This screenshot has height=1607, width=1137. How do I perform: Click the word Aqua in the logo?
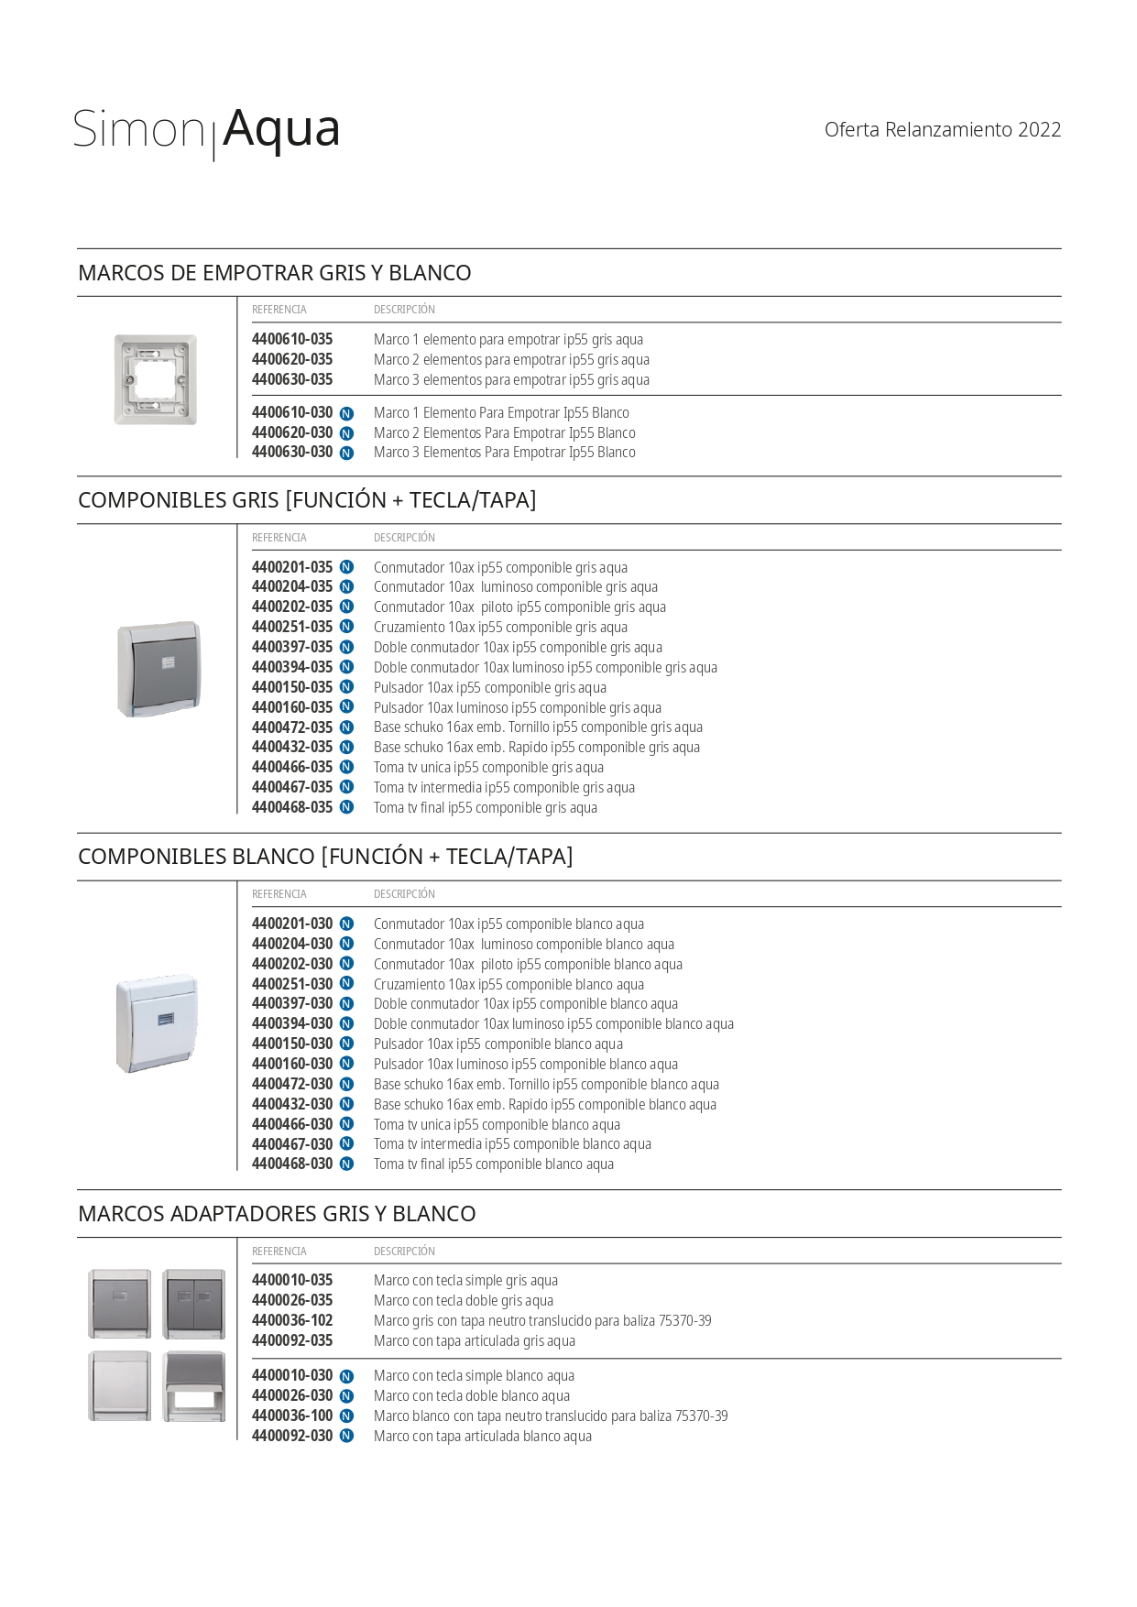coord(281,129)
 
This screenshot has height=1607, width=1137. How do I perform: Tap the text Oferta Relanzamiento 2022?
coord(942,130)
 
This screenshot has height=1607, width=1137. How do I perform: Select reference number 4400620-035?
coord(292,360)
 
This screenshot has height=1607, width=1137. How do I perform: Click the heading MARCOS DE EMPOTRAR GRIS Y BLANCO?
coord(275,273)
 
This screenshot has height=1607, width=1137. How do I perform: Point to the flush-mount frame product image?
coord(156,379)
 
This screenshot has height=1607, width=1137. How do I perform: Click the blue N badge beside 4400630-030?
coord(346,454)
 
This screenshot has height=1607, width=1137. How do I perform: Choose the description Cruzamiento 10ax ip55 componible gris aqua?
coord(500,628)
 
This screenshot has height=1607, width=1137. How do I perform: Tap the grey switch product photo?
coord(159,669)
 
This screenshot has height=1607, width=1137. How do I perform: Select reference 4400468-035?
coord(292,808)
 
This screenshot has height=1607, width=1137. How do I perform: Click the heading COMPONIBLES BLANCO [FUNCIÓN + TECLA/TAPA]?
coord(325,857)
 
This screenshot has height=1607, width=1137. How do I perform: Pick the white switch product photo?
coord(157,1023)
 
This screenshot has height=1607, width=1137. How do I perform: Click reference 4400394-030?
coord(292,1024)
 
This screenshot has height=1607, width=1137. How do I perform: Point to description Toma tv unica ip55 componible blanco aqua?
coord(497,1125)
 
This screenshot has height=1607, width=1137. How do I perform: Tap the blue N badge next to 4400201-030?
coord(346,924)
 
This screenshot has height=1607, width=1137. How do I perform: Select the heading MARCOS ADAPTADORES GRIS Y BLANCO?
coord(277,1214)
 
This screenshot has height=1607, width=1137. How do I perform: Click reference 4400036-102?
coord(292,1321)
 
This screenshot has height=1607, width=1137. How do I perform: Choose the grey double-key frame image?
coord(194,1304)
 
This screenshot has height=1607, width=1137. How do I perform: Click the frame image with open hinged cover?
coord(194,1386)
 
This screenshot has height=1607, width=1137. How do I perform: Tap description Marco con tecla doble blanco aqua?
coord(472,1396)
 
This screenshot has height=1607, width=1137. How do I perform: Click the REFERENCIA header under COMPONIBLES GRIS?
coord(279,538)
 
